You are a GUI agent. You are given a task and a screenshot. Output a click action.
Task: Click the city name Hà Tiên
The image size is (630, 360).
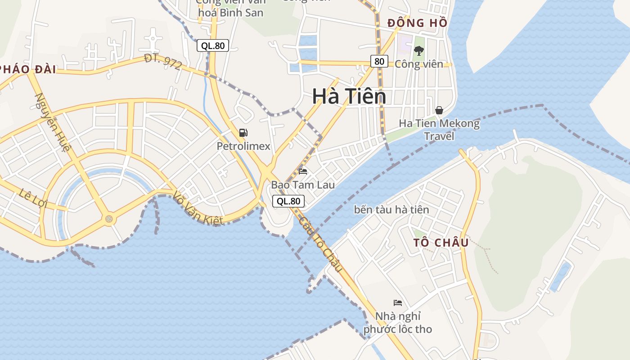pyautogui.click(x=349, y=96)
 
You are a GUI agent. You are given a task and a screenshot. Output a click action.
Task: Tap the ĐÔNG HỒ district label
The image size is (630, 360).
pyautogui.click(x=417, y=23)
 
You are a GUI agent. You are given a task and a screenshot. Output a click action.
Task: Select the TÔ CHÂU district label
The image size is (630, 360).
pyautogui.click(x=441, y=243)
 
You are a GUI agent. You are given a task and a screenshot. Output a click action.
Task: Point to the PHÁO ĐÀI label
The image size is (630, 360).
pyautogui.click(x=28, y=69)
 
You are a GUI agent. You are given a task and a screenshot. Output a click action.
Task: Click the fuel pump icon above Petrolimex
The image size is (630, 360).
pyautogui.click(x=243, y=132)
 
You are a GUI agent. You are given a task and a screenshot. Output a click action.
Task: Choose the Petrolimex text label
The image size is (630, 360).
pyautogui.click(x=243, y=146)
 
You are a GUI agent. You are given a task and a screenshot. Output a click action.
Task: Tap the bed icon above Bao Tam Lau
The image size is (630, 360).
pyautogui.click(x=303, y=171)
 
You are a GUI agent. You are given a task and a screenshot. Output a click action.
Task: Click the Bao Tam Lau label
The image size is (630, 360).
pyautogui.click(x=303, y=185)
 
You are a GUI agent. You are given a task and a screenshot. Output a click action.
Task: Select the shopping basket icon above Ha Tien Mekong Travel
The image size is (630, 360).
pyautogui.click(x=439, y=110)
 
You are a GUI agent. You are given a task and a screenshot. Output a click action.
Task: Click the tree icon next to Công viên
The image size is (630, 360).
pyautogui.click(x=419, y=51)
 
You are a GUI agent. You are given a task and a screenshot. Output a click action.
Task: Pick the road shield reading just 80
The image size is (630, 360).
pyautogui.click(x=379, y=61)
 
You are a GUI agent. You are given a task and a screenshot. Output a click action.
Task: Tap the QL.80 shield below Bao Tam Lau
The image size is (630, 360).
pyautogui.click(x=288, y=201)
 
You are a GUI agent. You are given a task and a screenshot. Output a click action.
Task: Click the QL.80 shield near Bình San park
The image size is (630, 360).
pyautogui.click(x=213, y=45)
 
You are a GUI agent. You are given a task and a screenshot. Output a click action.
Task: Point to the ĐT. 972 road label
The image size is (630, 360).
pyautogui.click(x=163, y=62)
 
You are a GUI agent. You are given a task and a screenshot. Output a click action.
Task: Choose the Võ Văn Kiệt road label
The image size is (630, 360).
pyautogui.click(x=198, y=208)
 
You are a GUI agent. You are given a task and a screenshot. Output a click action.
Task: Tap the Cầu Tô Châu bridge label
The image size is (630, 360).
pyautogui.click(x=321, y=244)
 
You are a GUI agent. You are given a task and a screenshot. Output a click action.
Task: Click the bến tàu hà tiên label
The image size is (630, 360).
pyautogui.click(x=391, y=210)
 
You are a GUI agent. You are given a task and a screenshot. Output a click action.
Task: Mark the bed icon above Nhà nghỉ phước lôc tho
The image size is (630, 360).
pyautogui.click(x=398, y=302)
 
